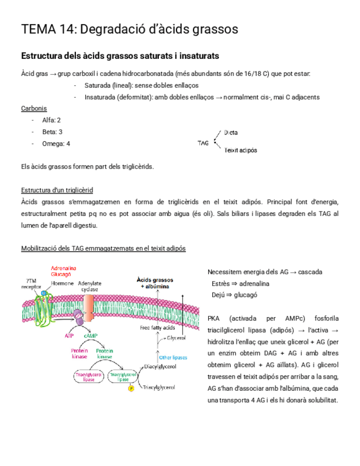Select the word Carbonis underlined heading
pos(34,108)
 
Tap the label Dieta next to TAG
pos(231,132)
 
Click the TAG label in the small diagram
pos(203,143)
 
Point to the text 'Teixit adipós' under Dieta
pos(241,150)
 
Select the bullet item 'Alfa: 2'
pos(52,120)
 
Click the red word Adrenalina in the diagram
pos(64,268)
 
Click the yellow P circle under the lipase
pos(131,389)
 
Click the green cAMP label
pos(91,335)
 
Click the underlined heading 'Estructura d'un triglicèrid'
pos(57,190)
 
